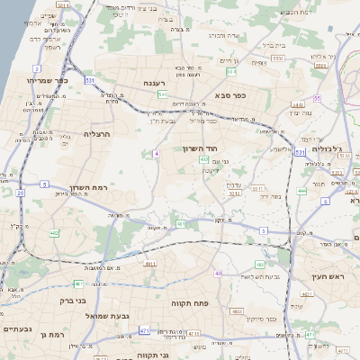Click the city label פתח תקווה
(x=191, y=304)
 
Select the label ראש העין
(x=328, y=277)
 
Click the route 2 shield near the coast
(x=36, y=68)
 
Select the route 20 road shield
(x=20, y=192)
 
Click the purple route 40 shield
(x=219, y=273)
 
